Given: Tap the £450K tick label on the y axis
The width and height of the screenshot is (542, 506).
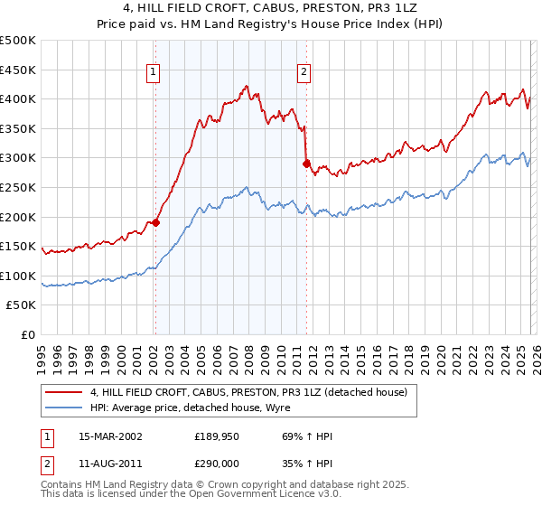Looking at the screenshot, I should [18, 70].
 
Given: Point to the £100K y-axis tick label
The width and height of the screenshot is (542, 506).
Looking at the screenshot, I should [18, 276].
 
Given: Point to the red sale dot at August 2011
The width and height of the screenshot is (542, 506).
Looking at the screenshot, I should [306, 164].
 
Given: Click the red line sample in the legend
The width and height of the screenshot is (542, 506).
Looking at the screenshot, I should [64, 392].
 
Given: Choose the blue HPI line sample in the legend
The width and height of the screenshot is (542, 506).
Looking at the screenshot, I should [64, 408].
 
